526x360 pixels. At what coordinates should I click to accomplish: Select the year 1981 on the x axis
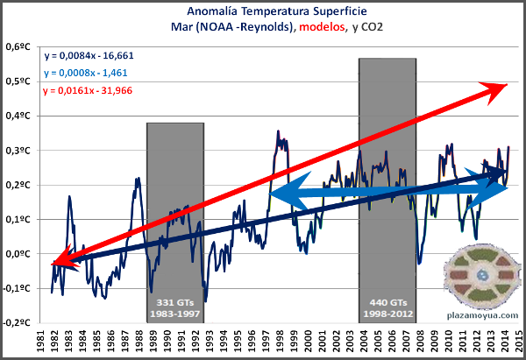(x=39, y=339)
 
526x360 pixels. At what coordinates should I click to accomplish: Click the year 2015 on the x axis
(x=519, y=339)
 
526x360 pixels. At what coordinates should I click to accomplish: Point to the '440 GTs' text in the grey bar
(x=387, y=296)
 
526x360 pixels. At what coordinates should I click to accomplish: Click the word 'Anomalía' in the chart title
(x=211, y=12)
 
